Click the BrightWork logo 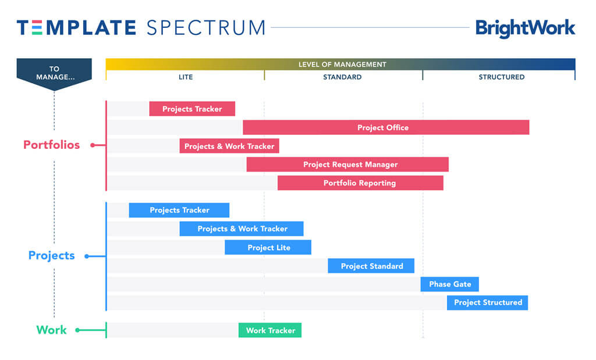pos(525,28)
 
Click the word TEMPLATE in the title pos(76,27)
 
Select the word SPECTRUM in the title pos(206,27)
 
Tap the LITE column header pos(185,77)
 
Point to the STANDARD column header pos(342,77)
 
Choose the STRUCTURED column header pos(501,77)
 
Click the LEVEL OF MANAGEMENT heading pos(342,65)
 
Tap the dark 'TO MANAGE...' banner pos(54,73)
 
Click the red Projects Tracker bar pos(192,109)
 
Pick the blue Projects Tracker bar pos(179,210)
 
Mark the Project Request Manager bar pos(347,165)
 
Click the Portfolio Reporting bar pos(360,183)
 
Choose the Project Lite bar pos(268,248)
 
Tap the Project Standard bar pos(371,266)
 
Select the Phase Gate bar pos(450,284)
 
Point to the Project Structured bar pos(488,302)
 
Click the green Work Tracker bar pos(270,330)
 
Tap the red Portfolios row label pos(51,145)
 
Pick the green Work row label pos(51,330)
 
